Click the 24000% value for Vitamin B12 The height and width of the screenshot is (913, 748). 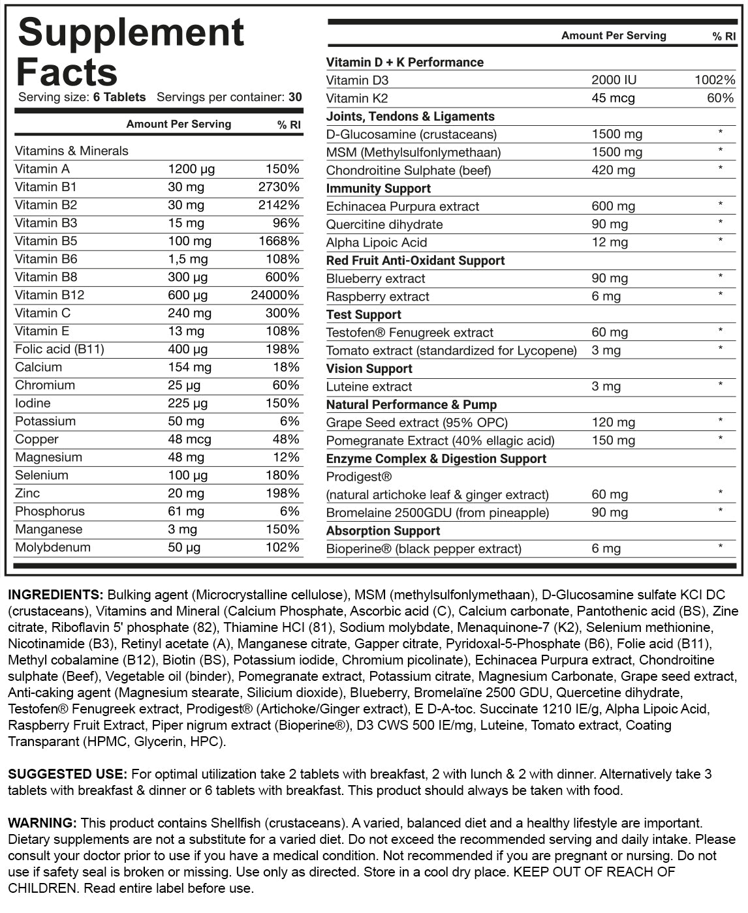coord(275,295)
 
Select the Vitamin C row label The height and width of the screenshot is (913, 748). coord(42,313)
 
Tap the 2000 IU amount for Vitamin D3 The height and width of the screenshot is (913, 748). coord(614,80)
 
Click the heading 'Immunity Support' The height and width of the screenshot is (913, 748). coord(379,188)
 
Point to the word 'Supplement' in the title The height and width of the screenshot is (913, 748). coord(131,33)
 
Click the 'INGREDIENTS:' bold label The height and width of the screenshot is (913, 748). coord(55,595)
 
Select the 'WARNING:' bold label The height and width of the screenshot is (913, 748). coord(42,823)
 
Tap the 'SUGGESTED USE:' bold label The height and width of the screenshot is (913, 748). coord(67,774)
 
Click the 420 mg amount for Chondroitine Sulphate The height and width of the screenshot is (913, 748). coord(613,170)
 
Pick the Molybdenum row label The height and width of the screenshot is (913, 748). coord(53,547)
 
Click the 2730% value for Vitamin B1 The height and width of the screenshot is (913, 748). coord(279,187)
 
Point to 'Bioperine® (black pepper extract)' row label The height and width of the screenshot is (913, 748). coord(424,549)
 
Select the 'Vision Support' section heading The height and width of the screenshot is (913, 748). coord(369,368)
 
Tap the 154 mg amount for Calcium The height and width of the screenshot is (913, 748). coord(189,367)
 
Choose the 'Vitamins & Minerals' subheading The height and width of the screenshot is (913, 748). coord(72,151)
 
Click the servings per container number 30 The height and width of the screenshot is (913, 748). coord(295,97)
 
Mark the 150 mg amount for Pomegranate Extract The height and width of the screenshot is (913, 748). coord(613,440)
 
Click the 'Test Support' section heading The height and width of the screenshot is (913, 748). coord(364,314)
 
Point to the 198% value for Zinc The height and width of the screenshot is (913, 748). coord(282,494)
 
